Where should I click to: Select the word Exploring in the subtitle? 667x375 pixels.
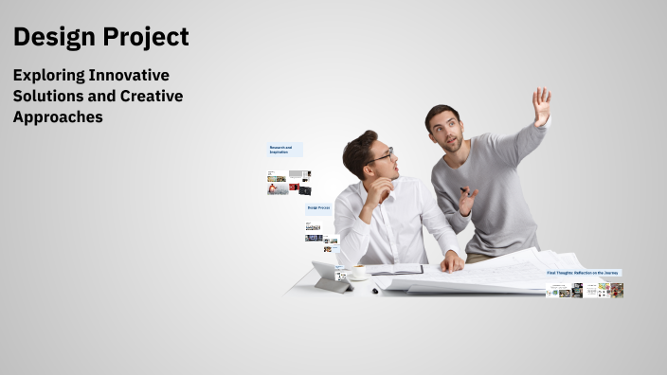pos(48,75)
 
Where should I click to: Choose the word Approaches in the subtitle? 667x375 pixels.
pos(58,117)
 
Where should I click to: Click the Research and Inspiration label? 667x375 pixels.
pos(284,150)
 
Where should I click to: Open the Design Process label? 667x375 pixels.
pos(318,207)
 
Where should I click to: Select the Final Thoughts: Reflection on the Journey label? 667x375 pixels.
pos(583,273)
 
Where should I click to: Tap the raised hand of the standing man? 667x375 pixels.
pos(541,106)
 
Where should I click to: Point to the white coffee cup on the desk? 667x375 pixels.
pos(357,272)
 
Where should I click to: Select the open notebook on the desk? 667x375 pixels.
pos(395,270)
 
